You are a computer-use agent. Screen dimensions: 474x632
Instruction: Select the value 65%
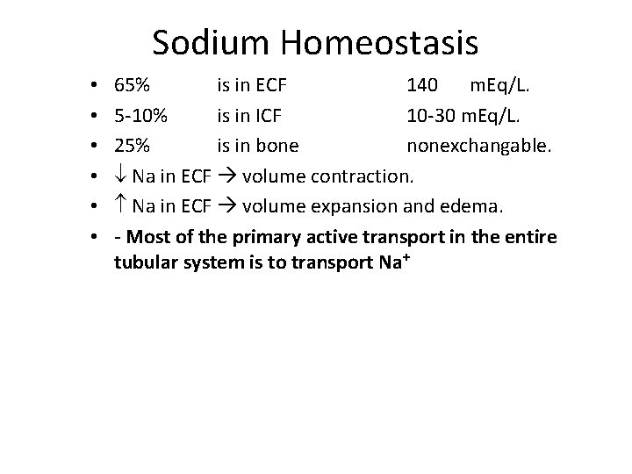pyautogui.click(x=132, y=86)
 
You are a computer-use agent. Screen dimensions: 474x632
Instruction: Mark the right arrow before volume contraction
pyautogui.click(x=226, y=176)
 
